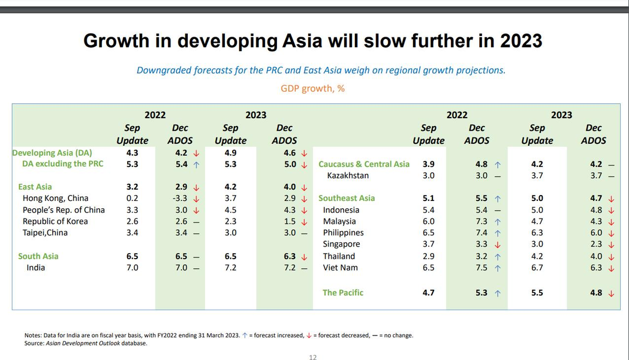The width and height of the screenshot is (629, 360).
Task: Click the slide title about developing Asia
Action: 312,41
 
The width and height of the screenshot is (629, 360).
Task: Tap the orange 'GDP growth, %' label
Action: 312,88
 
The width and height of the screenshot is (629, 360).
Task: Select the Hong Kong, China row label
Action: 55,198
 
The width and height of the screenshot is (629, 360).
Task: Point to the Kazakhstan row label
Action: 348,175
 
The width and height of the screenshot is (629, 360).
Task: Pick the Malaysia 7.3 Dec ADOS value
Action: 481,221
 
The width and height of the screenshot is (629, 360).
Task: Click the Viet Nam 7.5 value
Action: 481,268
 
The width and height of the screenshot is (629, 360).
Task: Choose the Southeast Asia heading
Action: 347,198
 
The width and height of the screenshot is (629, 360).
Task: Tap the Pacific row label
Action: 343,293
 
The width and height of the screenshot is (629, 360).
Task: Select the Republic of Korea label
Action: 55,221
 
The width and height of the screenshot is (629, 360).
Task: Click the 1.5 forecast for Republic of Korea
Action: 290,221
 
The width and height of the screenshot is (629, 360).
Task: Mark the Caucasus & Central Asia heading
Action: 364,164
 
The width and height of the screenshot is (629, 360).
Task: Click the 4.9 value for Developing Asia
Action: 231,152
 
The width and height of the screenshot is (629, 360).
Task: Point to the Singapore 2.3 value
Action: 596,244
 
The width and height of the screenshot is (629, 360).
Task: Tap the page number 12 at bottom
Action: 312,357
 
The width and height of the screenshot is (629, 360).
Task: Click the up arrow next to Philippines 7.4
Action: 497,233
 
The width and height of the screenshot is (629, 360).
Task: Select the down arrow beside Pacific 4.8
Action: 611,293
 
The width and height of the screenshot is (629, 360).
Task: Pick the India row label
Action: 35,268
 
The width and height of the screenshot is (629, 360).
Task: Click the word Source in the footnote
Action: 34,343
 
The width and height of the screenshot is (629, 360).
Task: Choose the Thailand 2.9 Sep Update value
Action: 428,256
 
